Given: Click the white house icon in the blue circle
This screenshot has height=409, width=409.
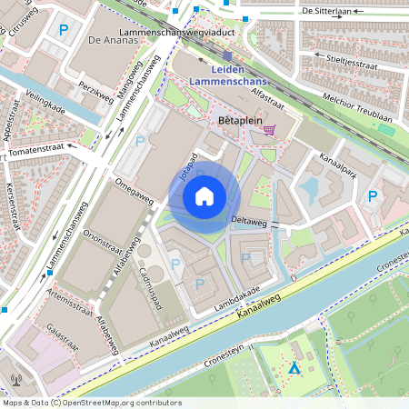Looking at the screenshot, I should pyautogui.click(x=204, y=195).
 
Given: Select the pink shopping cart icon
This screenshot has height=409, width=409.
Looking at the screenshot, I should pyautogui.click(x=270, y=130).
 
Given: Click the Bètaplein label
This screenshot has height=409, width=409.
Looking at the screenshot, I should pyautogui.click(x=241, y=119).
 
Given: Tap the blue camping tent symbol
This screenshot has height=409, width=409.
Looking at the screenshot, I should pyautogui.click(x=294, y=368).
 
